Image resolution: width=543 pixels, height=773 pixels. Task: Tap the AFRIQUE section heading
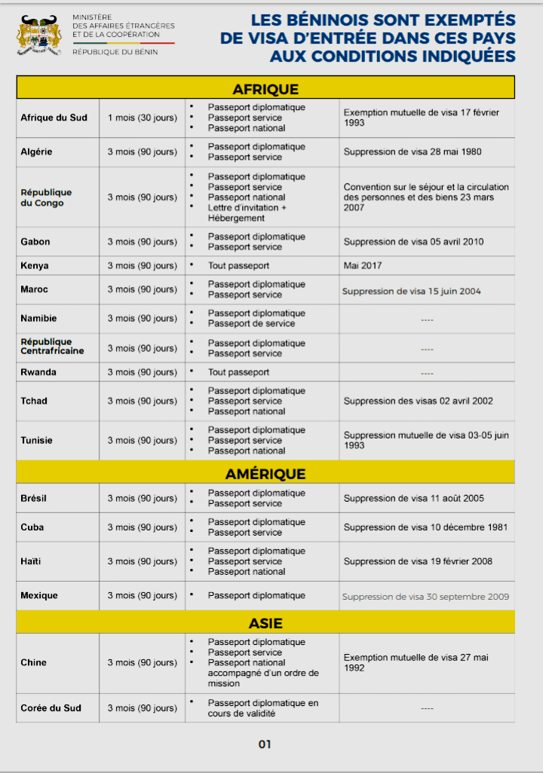(265, 89)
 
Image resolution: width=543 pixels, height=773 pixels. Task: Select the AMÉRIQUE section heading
(265, 474)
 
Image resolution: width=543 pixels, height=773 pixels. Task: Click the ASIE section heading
(265, 623)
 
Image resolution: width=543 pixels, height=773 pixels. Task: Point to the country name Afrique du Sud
(54, 118)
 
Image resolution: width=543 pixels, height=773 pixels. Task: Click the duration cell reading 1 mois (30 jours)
(143, 118)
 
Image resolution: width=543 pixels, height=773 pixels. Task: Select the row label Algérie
(36, 151)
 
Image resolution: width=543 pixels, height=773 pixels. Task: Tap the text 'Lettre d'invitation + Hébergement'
(246, 212)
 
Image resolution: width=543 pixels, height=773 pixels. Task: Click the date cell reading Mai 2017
(363, 265)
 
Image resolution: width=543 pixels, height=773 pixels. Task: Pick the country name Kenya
(35, 265)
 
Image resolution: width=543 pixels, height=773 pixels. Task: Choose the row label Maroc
(34, 289)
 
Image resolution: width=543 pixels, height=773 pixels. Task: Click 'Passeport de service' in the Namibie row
(251, 323)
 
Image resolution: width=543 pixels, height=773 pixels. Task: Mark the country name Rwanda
(38, 372)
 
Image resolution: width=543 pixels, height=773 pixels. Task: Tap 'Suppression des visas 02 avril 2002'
(418, 401)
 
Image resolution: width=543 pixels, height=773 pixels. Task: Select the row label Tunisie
(36, 440)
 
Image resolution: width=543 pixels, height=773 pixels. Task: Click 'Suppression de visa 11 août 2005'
(413, 498)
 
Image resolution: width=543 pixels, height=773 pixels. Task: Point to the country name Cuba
(32, 527)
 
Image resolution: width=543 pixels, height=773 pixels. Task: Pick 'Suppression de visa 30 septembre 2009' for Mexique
(425, 596)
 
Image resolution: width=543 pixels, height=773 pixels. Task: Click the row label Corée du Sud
(51, 707)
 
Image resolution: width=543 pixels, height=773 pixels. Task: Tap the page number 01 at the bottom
(265, 744)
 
